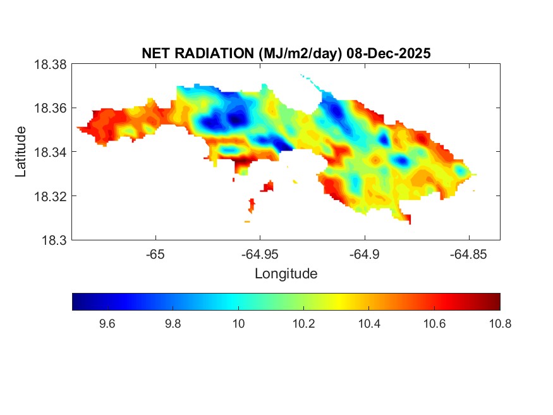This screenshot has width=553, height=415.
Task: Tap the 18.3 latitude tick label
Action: click(x=53, y=240)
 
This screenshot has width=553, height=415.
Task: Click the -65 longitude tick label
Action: click(x=155, y=254)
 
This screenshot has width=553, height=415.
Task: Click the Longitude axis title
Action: click(x=286, y=274)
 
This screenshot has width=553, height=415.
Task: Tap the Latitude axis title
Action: click(x=21, y=152)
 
